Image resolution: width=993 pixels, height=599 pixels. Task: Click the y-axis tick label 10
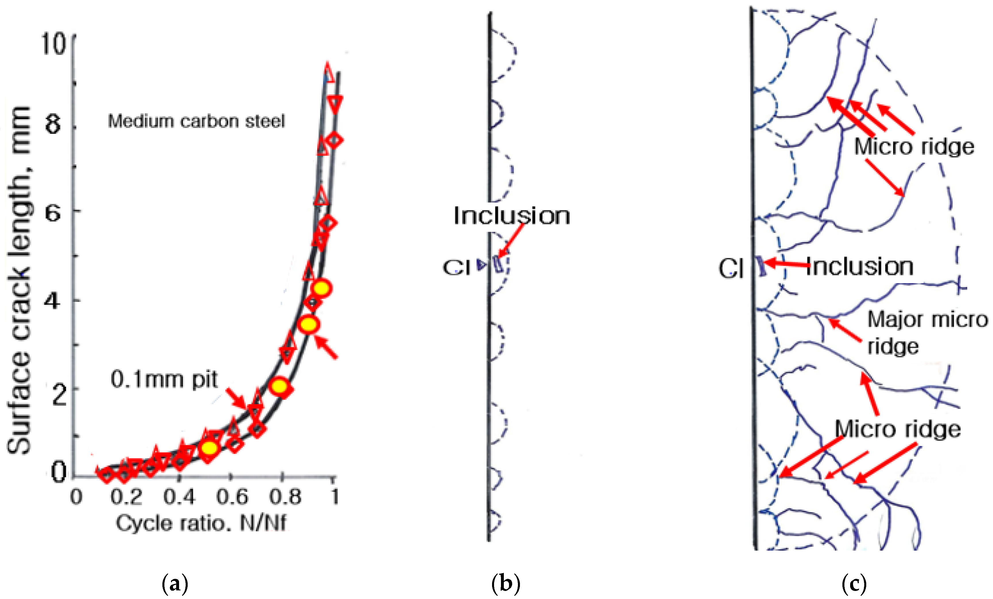click(53, 43)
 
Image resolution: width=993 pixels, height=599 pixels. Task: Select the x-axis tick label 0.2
click(126, 497)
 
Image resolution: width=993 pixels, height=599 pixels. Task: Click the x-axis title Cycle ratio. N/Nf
click(201, 523)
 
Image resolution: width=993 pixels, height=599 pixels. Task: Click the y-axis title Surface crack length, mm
click(19, 280)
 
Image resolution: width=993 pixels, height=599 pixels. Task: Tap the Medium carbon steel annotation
click(196, 121)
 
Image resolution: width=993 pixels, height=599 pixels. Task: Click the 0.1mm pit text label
click(164, 379)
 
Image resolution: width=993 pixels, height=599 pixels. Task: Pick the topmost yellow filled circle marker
click(322, 289)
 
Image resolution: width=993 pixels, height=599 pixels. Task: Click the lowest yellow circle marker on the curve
click(210, 448)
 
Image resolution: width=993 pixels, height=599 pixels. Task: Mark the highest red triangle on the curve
click(329, 72)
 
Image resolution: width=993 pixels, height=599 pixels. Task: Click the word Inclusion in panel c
click(859, 267)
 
